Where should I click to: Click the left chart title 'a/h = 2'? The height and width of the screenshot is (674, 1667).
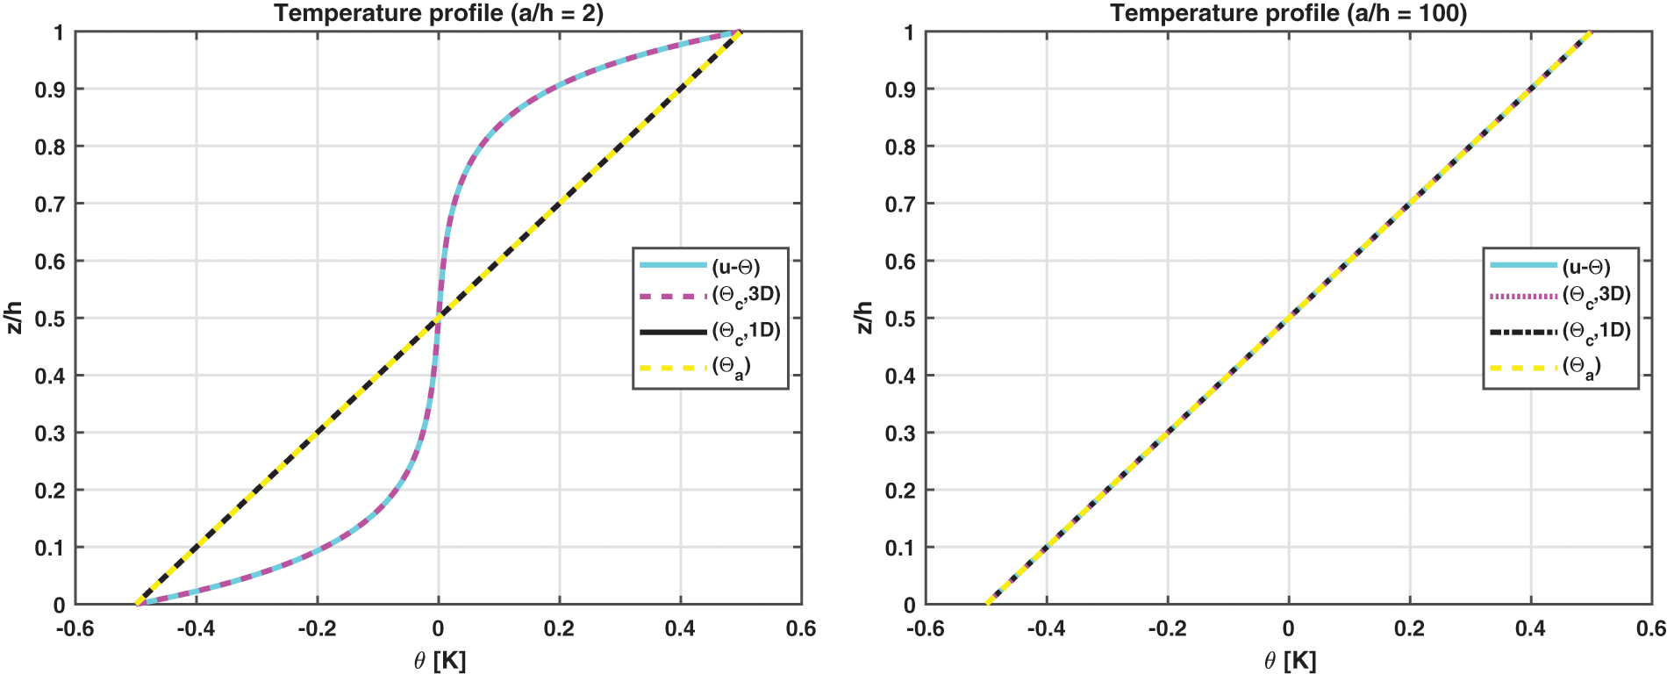coord(439,13)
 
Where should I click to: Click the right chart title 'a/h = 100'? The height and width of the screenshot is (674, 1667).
coord(1288,13)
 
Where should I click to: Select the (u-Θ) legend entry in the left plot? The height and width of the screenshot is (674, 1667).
coord(735,267)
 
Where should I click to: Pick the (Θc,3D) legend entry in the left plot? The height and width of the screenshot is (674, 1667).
coord(746,296)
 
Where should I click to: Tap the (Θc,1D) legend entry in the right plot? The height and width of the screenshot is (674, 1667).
coord(1596,333)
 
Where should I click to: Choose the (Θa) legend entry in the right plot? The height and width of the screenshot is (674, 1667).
coord(1582,368)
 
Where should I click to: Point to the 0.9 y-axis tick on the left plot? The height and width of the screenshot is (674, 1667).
coord(50,90)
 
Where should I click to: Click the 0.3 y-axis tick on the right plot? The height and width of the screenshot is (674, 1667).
coord(900,434)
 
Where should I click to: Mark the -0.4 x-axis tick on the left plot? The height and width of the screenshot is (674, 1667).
coord(196,628)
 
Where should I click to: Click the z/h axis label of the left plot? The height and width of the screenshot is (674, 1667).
coord(14,318)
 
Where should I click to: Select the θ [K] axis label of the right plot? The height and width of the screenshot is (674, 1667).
coord(1290,661)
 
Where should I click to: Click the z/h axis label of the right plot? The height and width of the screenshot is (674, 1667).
coord(864,318)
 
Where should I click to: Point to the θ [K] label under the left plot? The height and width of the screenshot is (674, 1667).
coord(440,661)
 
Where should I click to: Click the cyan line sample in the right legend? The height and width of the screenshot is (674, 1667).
coord(1524,265)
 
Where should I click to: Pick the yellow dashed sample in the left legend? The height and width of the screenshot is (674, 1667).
coord(673,368)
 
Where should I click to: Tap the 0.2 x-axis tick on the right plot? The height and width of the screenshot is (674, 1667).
coord(1410,628)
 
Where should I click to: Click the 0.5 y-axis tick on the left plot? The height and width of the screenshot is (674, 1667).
coord(50,319)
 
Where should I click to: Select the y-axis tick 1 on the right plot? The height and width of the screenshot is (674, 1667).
coord(909,32)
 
